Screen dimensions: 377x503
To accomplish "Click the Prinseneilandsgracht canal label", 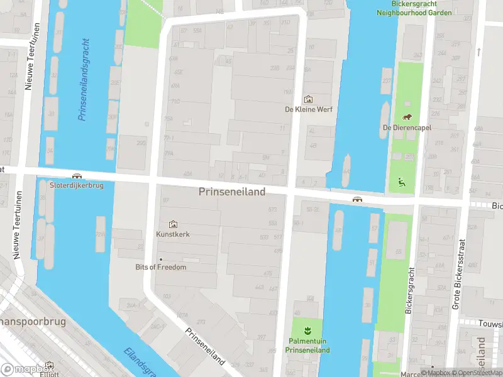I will [83, 79].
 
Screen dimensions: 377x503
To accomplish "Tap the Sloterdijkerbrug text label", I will [77, 185].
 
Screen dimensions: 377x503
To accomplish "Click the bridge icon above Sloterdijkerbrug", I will [77, 177].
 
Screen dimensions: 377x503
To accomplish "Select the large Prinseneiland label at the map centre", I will [232, 192].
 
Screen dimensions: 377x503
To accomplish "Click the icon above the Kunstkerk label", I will [173, 224].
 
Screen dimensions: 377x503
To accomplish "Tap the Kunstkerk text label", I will [173, 234].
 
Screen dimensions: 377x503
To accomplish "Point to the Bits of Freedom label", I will [161, 267].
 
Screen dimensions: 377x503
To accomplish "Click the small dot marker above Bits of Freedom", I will [161, 259].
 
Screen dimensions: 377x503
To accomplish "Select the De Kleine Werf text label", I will [308, 109].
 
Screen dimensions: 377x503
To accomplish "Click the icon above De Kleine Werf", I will [308, 99].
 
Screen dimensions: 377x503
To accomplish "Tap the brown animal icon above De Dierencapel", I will [407, 117].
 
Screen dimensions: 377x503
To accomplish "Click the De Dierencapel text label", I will [407, 128].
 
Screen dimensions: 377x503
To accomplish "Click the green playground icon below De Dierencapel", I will [401, 183].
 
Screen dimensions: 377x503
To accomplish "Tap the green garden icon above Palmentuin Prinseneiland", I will [307, 331].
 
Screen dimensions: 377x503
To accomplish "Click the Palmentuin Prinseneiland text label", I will [307, 346].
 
